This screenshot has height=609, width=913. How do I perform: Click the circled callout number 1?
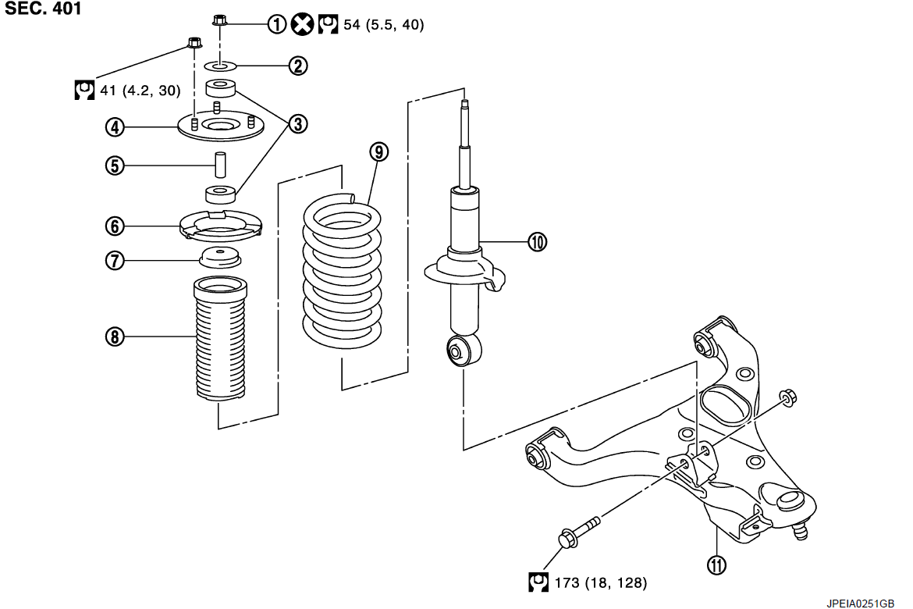click(277, 24)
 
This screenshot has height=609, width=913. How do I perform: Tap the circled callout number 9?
click(378, 152)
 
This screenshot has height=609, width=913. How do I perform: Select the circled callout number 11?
click(717, 564)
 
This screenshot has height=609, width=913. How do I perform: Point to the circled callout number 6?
click(115, 226)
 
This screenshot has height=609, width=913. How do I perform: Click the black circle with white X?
click(302, 24)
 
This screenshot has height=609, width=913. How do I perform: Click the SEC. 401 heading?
click(43, 8)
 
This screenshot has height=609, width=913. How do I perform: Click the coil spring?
click(343, 271)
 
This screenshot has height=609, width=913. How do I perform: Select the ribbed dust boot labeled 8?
click(220, 339)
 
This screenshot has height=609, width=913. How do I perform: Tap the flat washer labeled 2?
click(221, 66)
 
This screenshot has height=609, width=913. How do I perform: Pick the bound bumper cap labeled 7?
click(220, 257)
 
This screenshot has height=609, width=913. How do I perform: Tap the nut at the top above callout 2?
click(219, 20)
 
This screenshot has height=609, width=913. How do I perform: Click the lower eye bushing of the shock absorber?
click(464, 351)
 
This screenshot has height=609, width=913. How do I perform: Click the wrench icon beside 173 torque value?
click(538, 582)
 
